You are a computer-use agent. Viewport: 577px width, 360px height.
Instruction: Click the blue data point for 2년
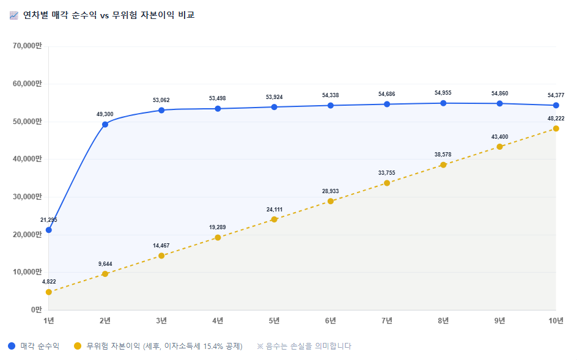[x=105, y=125]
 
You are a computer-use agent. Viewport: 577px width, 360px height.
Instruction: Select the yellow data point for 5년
[x=274, y=219]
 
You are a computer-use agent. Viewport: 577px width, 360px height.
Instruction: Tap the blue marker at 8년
[x=443, y=103]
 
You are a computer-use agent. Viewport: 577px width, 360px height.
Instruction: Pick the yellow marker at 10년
[x=556, y=128]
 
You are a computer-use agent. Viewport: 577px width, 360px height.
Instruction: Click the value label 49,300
[x=105, y=114]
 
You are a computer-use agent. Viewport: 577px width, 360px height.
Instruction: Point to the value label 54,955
[x=443, y=93]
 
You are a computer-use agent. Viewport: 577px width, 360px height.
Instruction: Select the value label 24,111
[x=274, y=210]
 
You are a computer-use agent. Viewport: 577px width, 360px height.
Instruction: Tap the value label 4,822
[x=49, y=282]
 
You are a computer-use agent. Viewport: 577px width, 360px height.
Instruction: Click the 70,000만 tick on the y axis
[x=28, y=46]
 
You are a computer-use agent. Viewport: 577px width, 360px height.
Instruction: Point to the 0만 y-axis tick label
[x=37, y=309]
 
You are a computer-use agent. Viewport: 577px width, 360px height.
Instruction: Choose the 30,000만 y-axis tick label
[x=28, y=197]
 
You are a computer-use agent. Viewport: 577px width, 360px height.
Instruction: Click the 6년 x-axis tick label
[x=331, y=321]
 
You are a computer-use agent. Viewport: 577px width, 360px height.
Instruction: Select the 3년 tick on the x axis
[x=161, y=321]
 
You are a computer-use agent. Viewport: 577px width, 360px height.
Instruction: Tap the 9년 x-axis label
[x=500, y=321]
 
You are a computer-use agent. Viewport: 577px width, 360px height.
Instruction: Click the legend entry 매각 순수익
[x=40, y=346]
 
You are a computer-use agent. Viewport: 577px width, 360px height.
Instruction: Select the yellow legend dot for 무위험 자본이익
[x=77, y=346]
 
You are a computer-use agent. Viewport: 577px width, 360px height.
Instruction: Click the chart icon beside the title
[x=14, y=15]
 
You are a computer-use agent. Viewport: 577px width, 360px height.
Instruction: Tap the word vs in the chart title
[x=105, y=15]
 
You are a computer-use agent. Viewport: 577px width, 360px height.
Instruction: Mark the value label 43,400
[x=500, y=136]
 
